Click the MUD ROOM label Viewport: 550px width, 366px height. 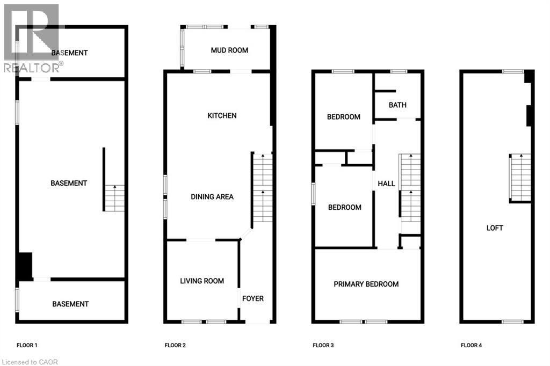229,50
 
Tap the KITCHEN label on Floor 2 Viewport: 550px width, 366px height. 222,116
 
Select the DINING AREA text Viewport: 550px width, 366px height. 212,197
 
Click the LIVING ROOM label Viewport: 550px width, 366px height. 202,281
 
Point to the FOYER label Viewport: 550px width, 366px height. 253,298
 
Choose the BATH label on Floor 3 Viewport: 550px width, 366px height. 397,105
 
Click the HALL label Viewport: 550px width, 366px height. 386,184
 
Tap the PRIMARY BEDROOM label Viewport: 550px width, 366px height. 366,284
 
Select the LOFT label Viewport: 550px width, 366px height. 495,228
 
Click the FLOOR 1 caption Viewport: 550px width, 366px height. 27,345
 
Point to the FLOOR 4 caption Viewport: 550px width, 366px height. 471,345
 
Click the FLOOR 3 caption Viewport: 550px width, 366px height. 323,345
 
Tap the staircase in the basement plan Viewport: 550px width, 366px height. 114,197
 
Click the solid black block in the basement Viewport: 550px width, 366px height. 25,266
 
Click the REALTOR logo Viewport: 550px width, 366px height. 32,38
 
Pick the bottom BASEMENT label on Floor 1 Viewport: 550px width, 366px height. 70,304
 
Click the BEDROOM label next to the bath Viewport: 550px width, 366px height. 344,117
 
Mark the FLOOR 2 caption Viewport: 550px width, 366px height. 175,345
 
